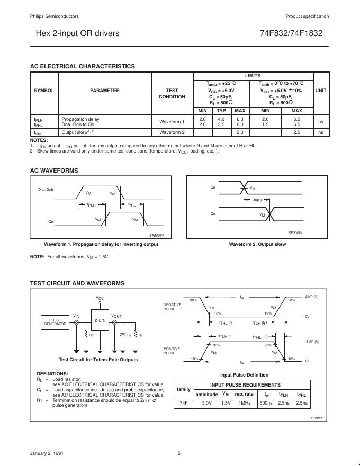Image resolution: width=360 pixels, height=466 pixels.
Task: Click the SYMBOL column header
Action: pyautogui.click(x=44, y=91)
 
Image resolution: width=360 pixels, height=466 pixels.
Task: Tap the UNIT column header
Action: pyautogui.click(x=321, y=91)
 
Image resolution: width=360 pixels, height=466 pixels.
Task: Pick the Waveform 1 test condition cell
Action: pyautogui.click(x=172, y=122)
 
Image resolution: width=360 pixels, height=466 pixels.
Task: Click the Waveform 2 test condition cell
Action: pyautogui.click(x=172, y=132)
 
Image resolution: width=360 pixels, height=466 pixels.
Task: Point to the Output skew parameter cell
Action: pyautogui.click(x=78, y=132)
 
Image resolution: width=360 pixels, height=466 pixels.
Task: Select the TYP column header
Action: pyautogui.click(x=221, y=110)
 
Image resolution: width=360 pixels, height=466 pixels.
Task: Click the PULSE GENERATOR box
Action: pyautogui.click(x=55, y=322)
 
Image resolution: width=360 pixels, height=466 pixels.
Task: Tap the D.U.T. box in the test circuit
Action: pyautogui.click(x=100, y=321)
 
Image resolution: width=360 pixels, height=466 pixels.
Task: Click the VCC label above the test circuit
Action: pyautogui.click(x=100, y=298)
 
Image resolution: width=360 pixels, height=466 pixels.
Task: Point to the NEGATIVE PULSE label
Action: pyautogui.click(x=173, y=307)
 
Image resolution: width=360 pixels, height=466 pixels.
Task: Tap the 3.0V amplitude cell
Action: pyautogui.click(x=206, y=404)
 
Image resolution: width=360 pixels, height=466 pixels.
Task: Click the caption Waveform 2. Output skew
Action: pyautogui.click(x=257, y=244)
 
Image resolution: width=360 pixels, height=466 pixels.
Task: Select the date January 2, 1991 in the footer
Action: pyautogui.click(x=46, y=453)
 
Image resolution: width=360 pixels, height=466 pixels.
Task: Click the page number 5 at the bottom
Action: pyautogui.click(x=179, y=453)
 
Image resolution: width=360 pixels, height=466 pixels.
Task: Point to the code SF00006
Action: pyautogui.click(x=316, y=418)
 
